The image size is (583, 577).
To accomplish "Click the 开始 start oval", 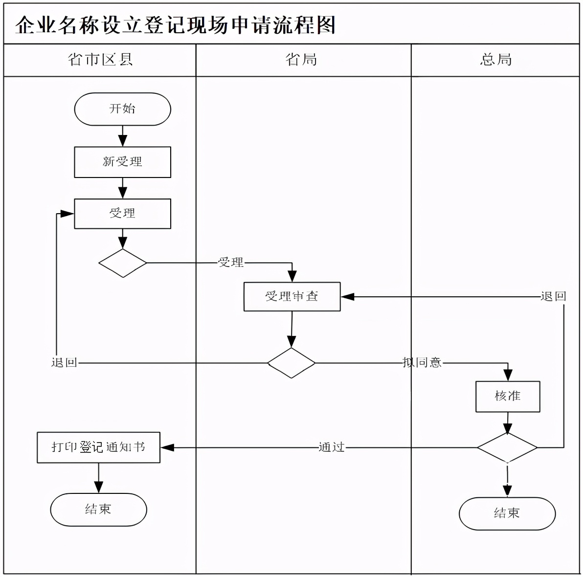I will [122, 109].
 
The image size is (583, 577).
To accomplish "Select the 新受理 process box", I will [122, 162].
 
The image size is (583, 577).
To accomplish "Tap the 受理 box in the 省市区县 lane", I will [122, 214].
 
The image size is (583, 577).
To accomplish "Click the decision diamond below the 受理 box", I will [122, 263].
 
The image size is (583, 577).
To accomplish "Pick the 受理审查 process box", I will [292, 296].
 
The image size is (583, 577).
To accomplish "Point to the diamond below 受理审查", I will [291, 363].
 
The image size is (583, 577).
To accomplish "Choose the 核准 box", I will [508, 397].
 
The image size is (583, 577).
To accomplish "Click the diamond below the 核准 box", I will [507, 447].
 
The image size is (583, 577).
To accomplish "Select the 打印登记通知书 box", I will [98, 447].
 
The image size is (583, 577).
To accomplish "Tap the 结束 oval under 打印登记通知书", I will [98, 510].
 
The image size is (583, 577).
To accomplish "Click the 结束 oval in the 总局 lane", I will [507, 513].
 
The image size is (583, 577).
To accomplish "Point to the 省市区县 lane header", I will [100, 60].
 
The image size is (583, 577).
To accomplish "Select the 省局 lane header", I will [301, 60].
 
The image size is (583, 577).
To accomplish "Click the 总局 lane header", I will [496, 60].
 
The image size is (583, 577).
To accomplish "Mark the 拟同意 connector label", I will [422, 363].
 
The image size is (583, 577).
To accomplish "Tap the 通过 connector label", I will [332, 447].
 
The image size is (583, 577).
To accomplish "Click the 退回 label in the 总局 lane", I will [553, 296].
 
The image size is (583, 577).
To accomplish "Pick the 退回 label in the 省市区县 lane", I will [64, 363].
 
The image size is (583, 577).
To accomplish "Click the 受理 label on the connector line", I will [231, 263].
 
